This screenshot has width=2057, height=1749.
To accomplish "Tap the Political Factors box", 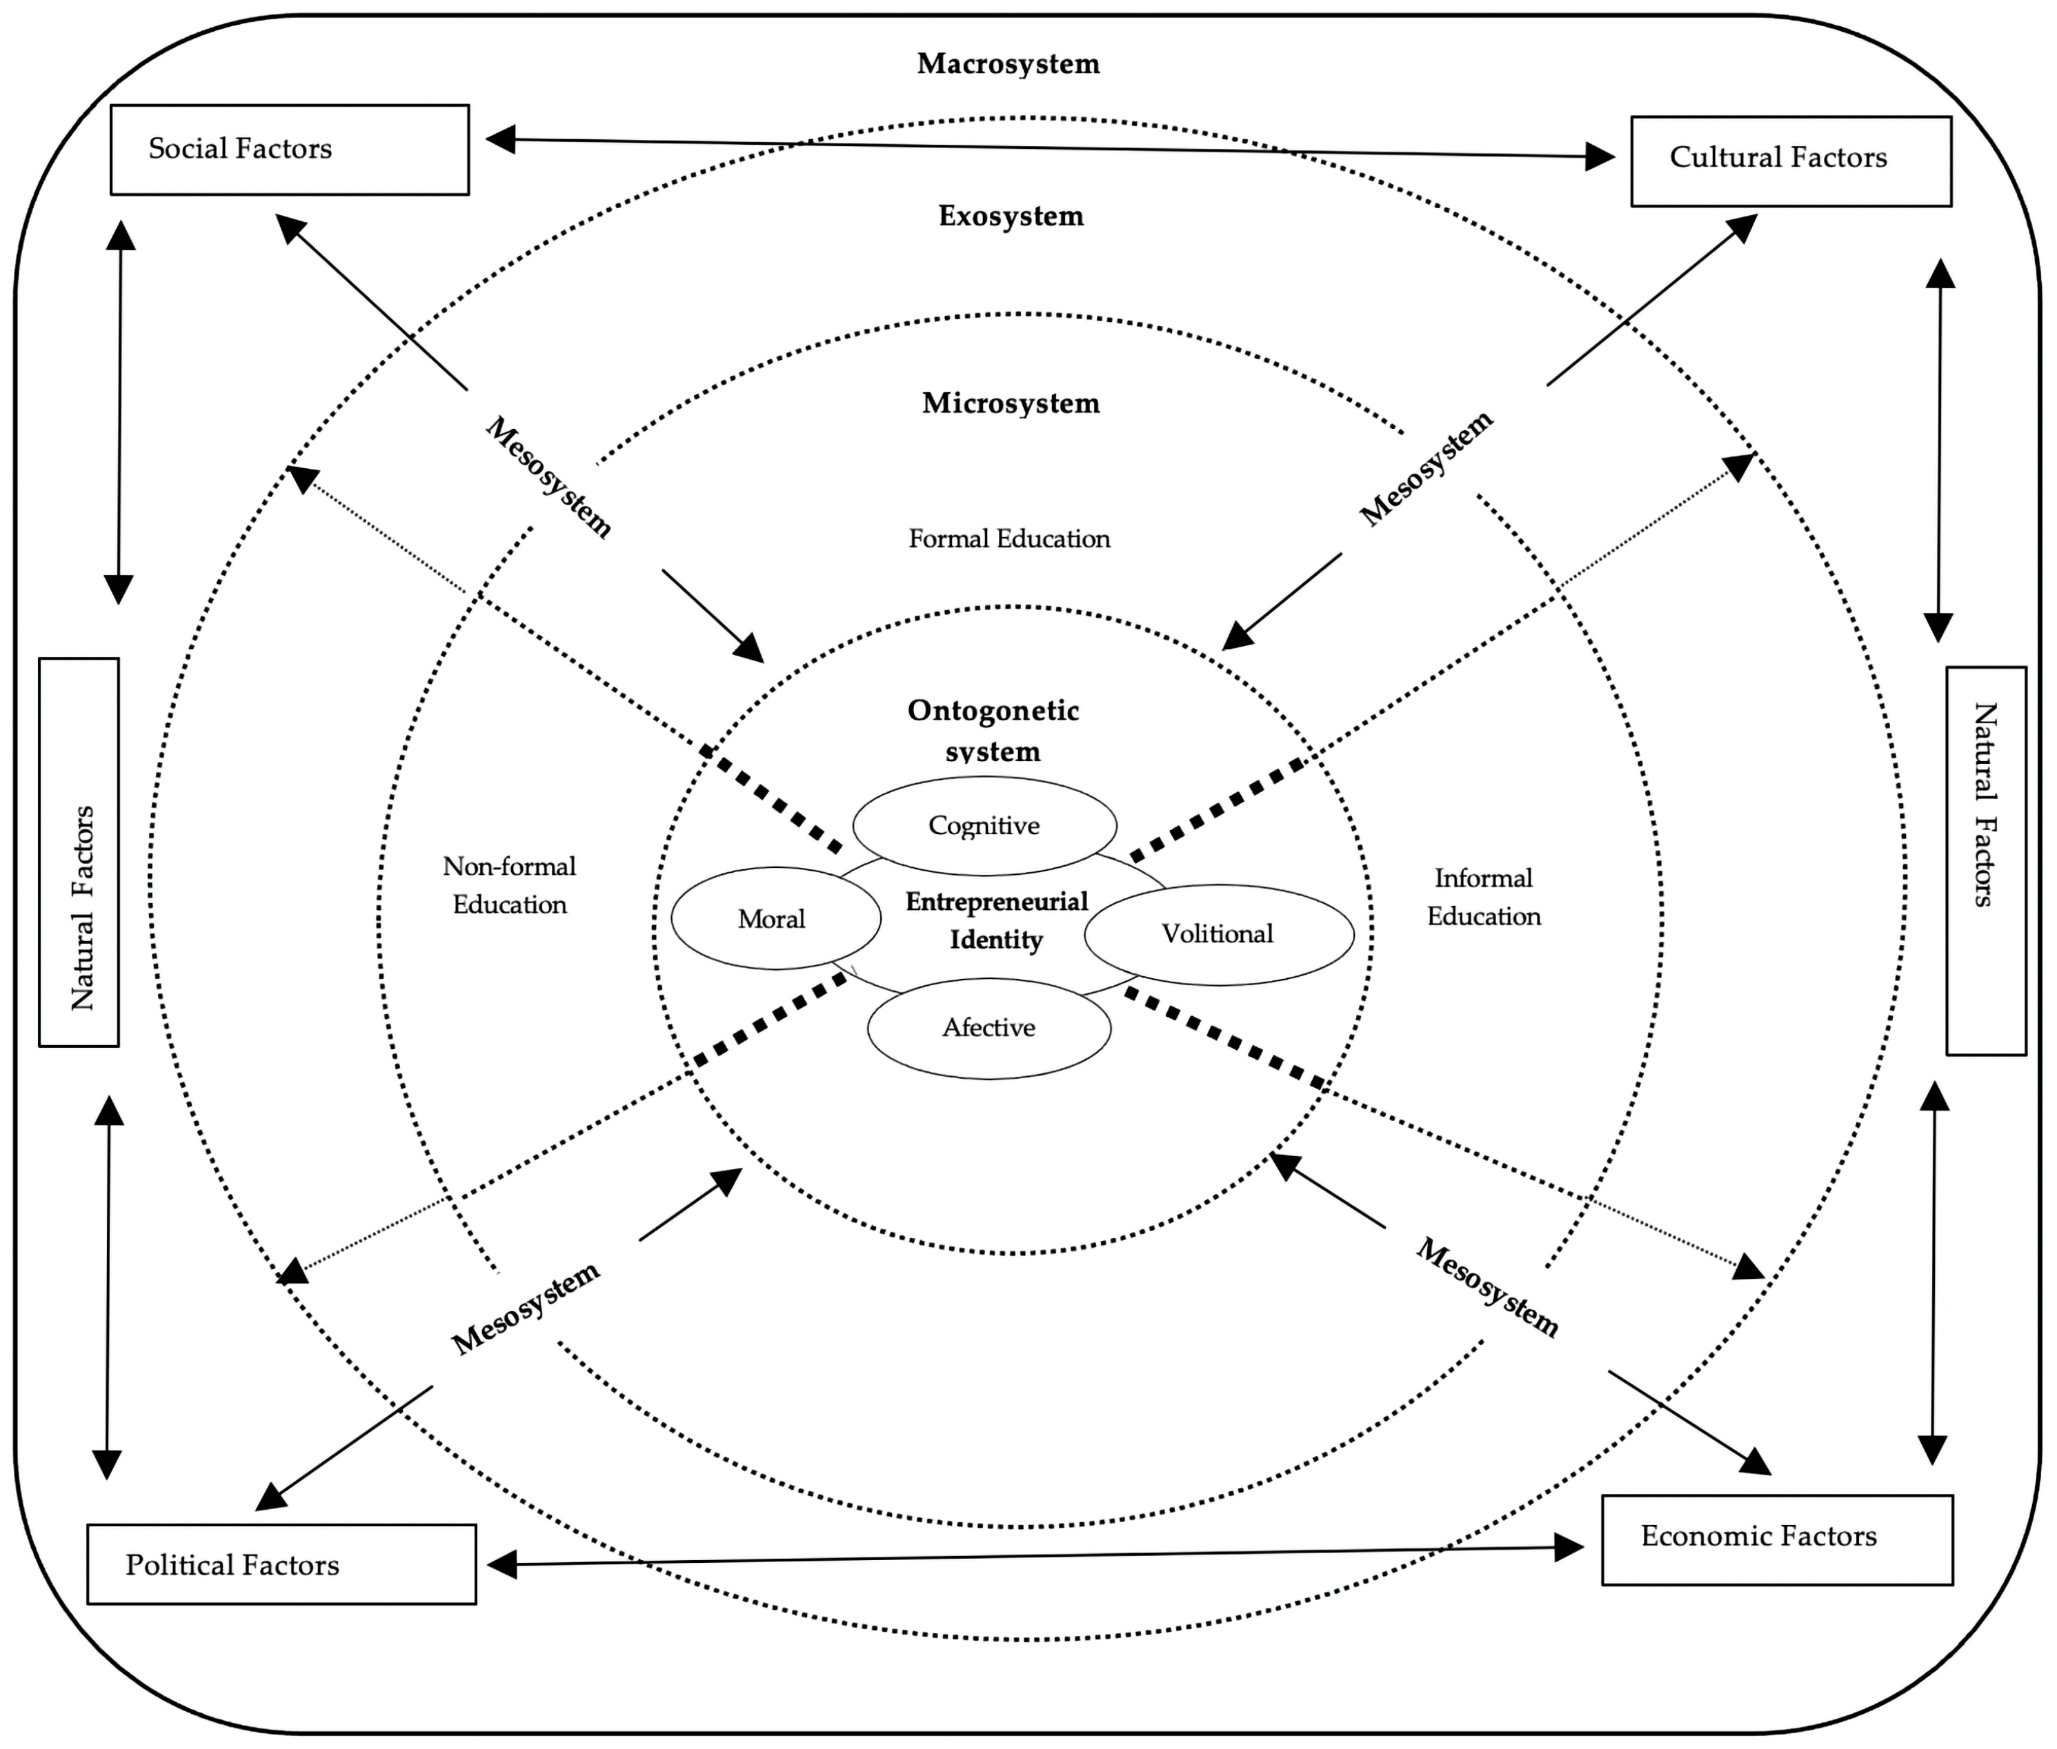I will pos(281,1564).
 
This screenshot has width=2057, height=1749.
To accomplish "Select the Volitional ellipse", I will pos(1218,934).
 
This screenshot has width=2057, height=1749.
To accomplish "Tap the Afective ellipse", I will pos(988,1027).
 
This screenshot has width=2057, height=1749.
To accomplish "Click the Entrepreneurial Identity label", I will pos(996,920).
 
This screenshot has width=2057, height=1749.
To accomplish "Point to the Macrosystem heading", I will pos(1008,63).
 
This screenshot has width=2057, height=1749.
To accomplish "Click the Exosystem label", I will pos(1011,216).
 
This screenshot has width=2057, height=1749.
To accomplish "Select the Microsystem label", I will pos(1011,403).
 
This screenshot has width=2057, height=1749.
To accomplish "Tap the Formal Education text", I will pos(1008,538).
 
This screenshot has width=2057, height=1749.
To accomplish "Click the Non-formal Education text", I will pos(509,885).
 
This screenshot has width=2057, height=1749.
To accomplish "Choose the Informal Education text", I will pos(1483,898).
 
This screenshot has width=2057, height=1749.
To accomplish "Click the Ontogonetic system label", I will pos(993,730).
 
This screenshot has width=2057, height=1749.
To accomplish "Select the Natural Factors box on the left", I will pos(79,851).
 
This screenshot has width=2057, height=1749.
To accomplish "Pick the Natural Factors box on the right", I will pos(1985,860).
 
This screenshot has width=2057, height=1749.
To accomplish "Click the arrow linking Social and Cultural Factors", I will pos(1051,148).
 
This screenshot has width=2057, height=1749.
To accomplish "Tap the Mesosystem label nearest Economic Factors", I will pos(1486,1288).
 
